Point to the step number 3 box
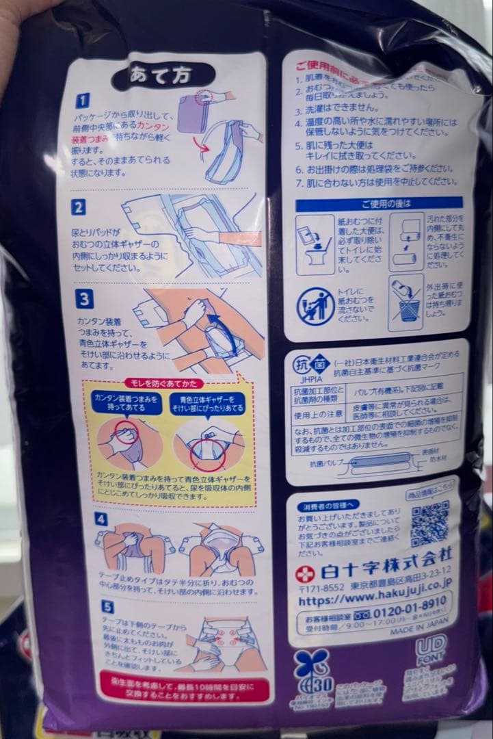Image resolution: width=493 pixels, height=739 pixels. [83, 299]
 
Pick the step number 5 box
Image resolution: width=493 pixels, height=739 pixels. [107, 607]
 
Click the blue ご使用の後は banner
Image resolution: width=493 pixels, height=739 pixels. [379, 204]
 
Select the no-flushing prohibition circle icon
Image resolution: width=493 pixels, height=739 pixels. [315, 306]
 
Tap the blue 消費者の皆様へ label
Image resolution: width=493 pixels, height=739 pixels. [328, 505]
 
